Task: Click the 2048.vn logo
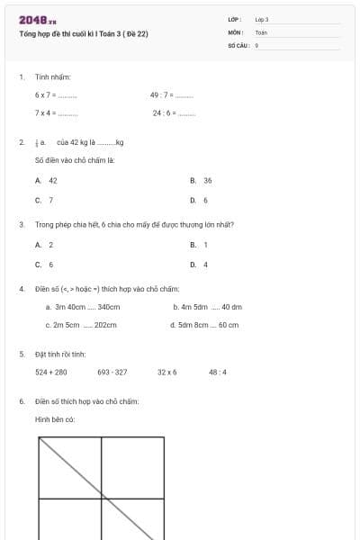pyautogui.click(x=37, y=19)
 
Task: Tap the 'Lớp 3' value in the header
pyautogui.click(x=262, y=19)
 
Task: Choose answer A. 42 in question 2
pyautogui.click(x=47, y=181)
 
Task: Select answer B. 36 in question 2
pyautogui.click(x=201, y=181)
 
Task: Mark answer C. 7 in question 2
pyautogui.click(x=44, y=200)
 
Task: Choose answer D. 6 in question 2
pyautogui.click(x=199, y=200)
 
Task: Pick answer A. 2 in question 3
pyautogui.click(x=44, y=245)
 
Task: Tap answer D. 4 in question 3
pyautogui.click(x=199, y=265)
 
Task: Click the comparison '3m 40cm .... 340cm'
pyautogui.click(x=81, y=307)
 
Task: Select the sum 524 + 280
pyautogui.click(x=51, y=372)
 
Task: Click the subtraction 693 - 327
pyautogui.click(x=112, y=372)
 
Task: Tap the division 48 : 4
pyautogui.click(x=218, y=372)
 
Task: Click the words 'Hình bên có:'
pyautogui.click(x=54, y=419)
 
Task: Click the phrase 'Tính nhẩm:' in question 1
pyautogui.click(x=52, y=77)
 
